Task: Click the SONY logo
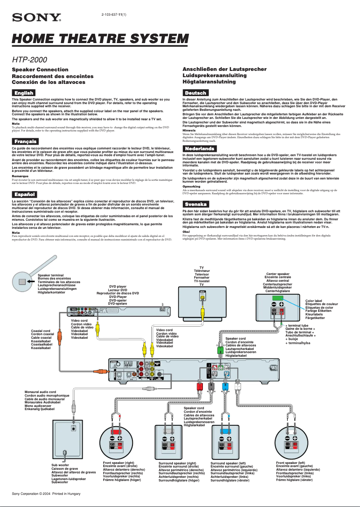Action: (36, 17)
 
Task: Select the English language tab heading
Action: (24, 92)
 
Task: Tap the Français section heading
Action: (25, 141)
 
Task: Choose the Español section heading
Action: (24, 194)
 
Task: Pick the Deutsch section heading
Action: (195, 92)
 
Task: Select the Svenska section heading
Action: (196, 204)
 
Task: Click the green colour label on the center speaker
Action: (277, 298)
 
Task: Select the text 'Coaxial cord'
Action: (42, 331)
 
